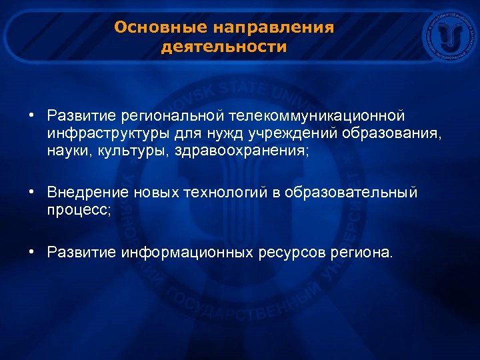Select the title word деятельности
point(224,48)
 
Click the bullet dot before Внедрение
point(32,193)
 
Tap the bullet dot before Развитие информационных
point(32,253)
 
